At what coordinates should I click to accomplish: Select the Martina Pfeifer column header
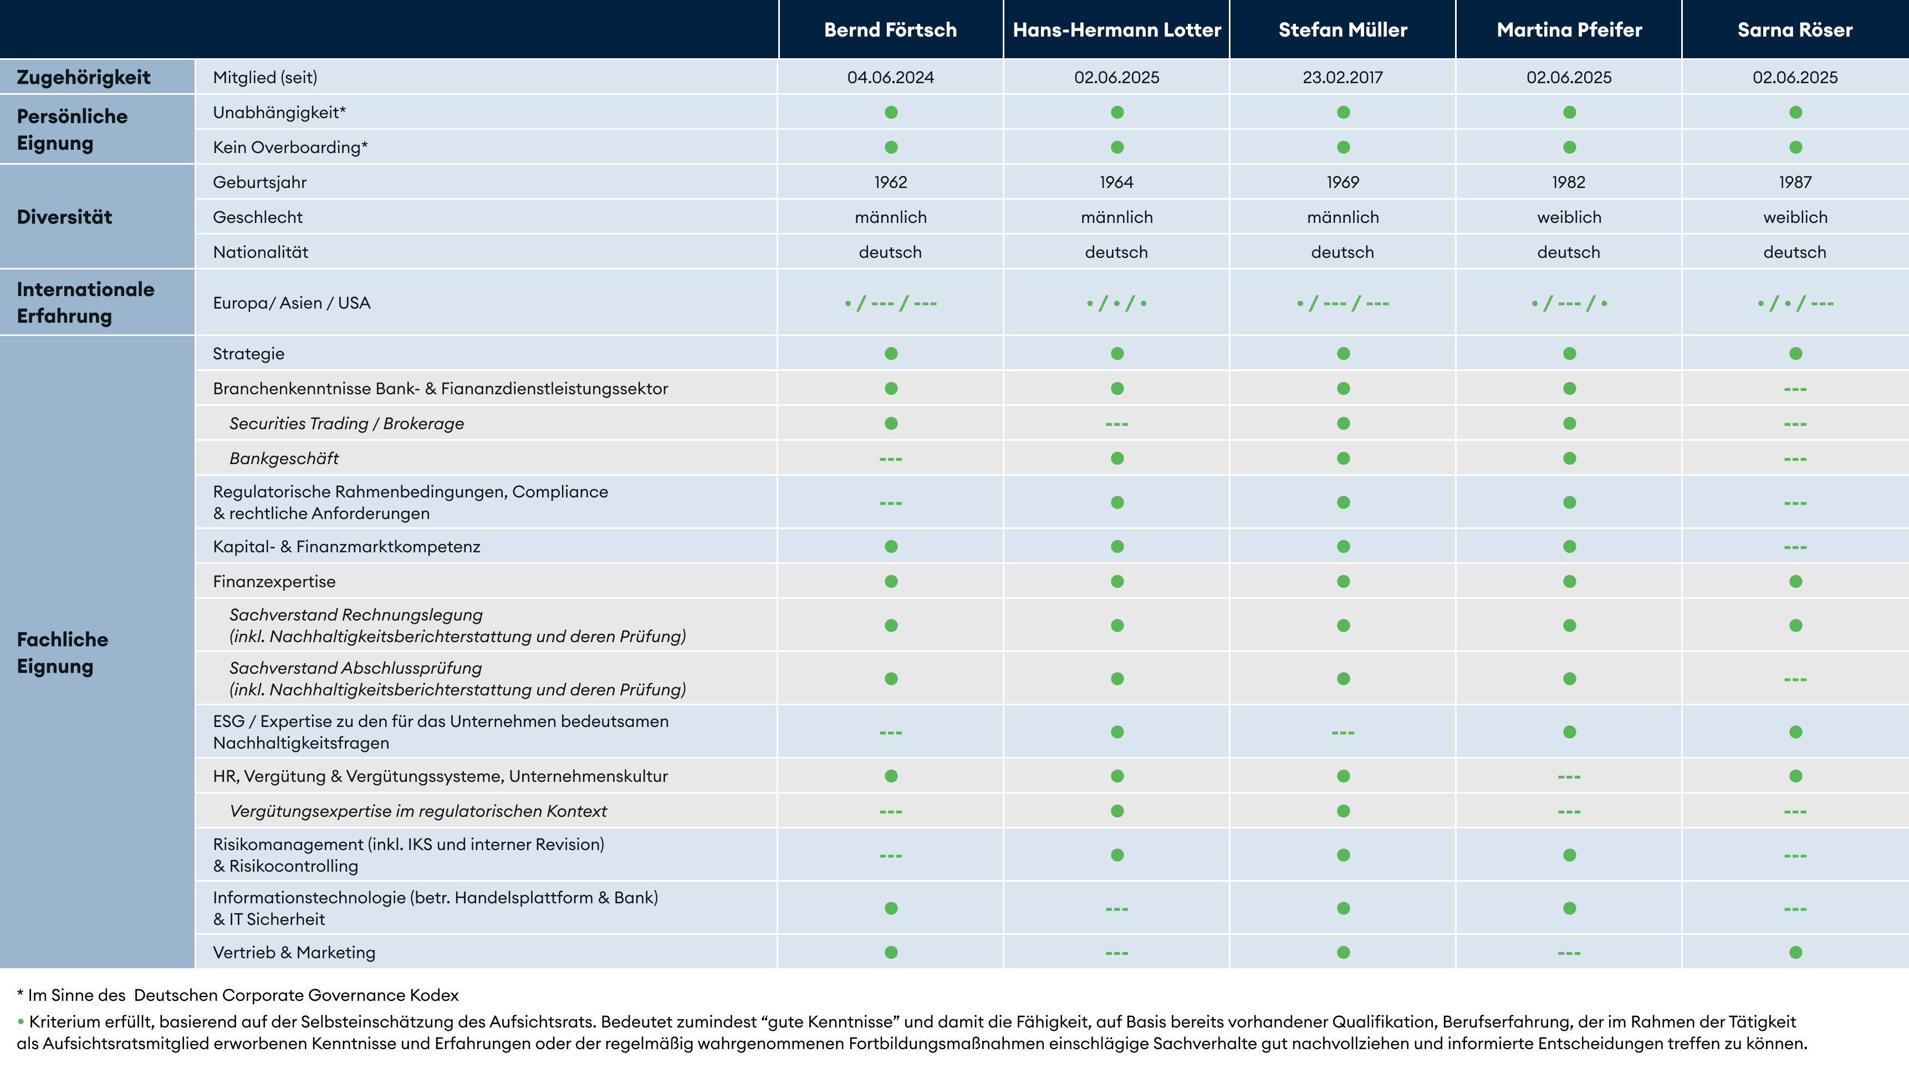[x=1569, y=29]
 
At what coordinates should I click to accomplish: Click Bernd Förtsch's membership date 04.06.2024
[x=890, y=77]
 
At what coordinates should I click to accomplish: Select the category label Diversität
[x=64, y=217]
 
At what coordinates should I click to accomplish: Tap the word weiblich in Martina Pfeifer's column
[x=1569, y=217]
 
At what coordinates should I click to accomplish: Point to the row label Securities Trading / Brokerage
[x=346, y=423]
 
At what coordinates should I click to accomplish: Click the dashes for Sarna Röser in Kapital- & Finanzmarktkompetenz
[x=1795, y=547]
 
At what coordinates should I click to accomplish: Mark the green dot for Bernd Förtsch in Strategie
[x=891, y=354]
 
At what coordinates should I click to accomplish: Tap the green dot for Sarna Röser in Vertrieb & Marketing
[x=1795, y=952]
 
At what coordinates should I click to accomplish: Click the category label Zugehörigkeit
[x=83, y=77]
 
